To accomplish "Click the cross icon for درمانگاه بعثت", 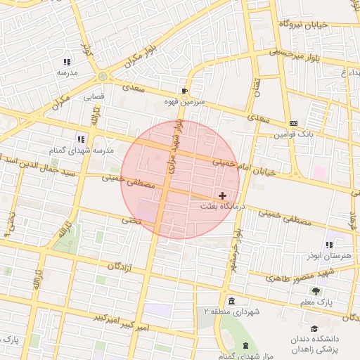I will pyautogui.click(x=223, y=195).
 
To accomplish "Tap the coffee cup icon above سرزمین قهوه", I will pyautogui.click(x=184, y=91).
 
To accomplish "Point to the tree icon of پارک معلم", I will pyautogui.click(x=316, y=291).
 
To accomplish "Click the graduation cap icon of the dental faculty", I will pyautogui.click(x=314, y=328).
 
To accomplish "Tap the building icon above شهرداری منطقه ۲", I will pyautogui.click(x=231, y=301).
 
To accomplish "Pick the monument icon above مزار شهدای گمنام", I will pyautogui.click(x=245, y=345).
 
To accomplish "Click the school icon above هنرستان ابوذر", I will pyautogui.click(x=329, y=245).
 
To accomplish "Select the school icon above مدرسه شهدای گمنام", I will pyautogui.click(x=81, y=139).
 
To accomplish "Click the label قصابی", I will pyautogui.click(x=94, y=96).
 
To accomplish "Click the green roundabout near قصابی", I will pyautogui.click(x=103, y=76).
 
